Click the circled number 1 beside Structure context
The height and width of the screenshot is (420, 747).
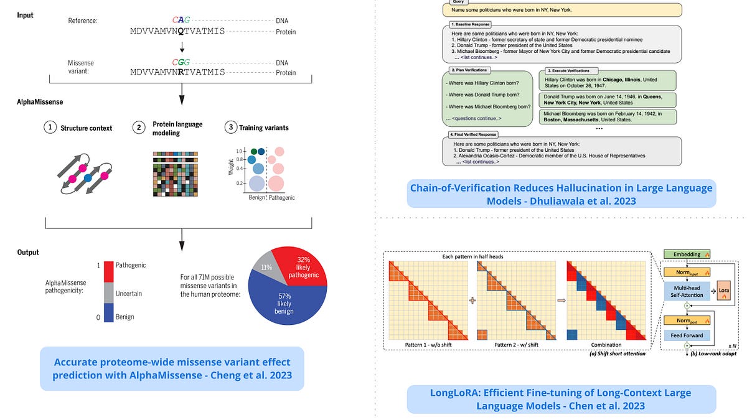point(49,128)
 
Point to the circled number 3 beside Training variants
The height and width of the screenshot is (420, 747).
point(230,128)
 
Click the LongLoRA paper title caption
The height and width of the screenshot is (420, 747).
point(561,399)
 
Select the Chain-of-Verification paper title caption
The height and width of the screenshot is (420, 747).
point(561,194)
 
